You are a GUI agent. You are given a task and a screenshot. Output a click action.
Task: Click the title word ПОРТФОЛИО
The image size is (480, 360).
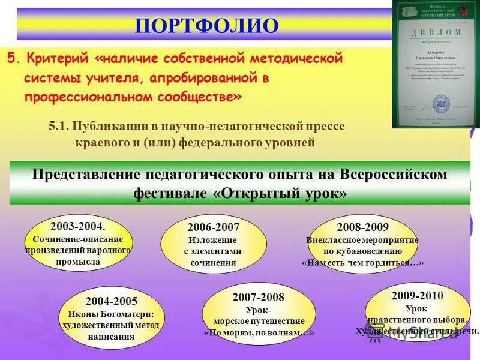[x=207, y=26]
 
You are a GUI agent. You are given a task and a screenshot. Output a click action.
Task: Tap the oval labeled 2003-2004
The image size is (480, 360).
[x=78, y=243]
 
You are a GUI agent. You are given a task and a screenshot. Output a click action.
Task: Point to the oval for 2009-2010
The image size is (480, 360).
[x=417, y=313]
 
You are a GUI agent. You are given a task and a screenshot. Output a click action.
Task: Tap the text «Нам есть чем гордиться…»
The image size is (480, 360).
[x=362, y=263]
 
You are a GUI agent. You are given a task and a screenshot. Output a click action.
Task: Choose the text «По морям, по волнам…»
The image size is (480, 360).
[x=259, y=332]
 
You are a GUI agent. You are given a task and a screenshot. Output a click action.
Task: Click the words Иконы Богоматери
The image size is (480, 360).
[x=111, y=314]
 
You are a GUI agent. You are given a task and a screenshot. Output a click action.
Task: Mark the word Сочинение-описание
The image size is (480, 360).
[x=78, y=238]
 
